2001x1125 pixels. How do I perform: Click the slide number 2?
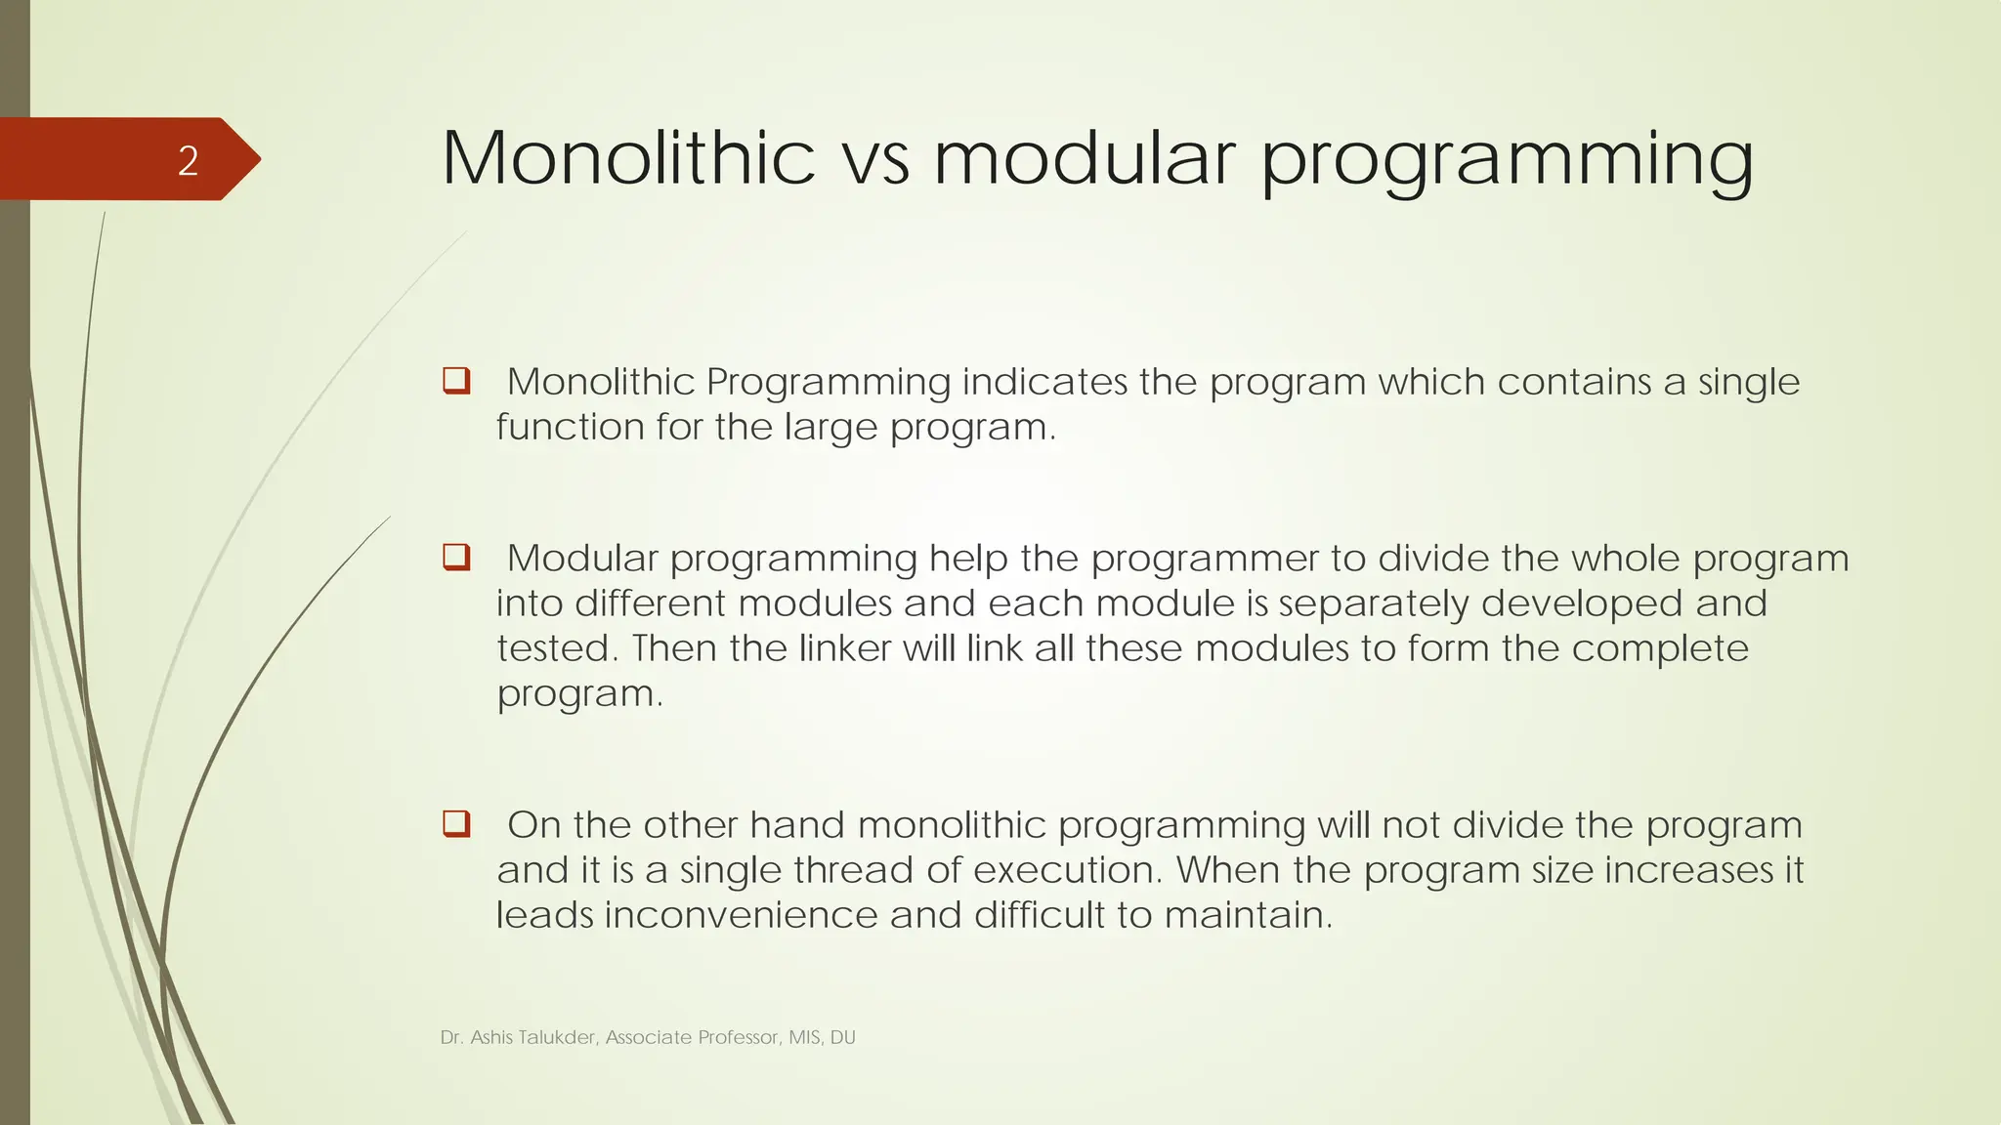pyautogui.click(x=188, y=160)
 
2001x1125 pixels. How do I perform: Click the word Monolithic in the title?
pyautogui.click(x=628, y=158)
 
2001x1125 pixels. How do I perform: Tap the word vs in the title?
pyautogui.click(x=874, y=160)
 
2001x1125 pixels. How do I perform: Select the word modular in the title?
pyautogui.click(x=1086, y=158)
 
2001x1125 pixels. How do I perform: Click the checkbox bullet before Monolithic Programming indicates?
pyautogui.click(x=456, y=380)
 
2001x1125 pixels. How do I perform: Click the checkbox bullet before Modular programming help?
pyautogui.click(x=456, y=557)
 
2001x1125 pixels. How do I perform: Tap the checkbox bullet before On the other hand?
pyautogui.click(x=456, y=823)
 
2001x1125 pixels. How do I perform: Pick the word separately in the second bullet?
pyautogui.click(x=1374, y=604)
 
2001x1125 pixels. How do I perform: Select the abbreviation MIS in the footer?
pyautogui.click(x=804, y=1037)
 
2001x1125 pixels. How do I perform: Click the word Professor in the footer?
pyautogui.click(x=739, y=1037)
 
